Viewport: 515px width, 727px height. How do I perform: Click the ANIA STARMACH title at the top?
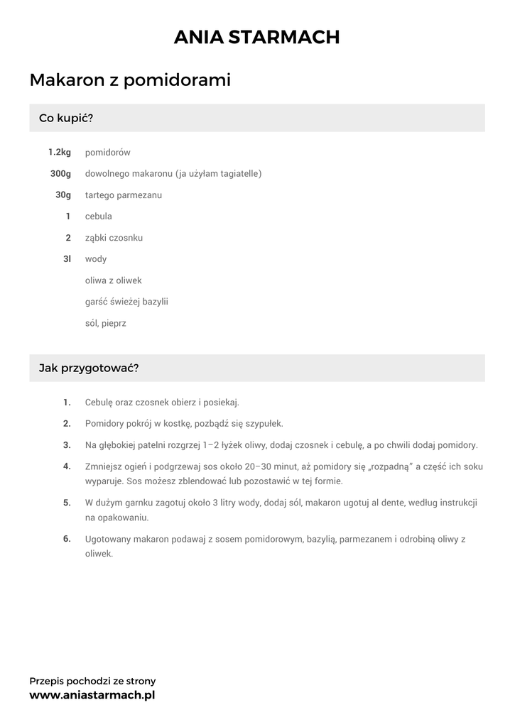pos(257,37)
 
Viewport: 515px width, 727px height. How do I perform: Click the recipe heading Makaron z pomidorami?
pos(130,80)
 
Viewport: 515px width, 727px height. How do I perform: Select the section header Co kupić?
pos(66,118)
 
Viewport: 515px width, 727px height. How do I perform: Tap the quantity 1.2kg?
pos(60,153)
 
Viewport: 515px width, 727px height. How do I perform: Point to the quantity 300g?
pos(60,174)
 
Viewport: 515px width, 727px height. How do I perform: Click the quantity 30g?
pos(63,195)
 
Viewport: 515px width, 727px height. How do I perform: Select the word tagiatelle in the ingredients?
pos(237,174)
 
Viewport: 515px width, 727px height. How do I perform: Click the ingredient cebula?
pos(98,217)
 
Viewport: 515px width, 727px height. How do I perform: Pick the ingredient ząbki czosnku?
pos(114,238)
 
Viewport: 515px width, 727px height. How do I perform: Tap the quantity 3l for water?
pos(67,259)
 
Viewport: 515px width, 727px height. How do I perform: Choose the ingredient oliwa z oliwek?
pos(113,280)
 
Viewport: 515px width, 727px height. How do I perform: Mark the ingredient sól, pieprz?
pos(105,323)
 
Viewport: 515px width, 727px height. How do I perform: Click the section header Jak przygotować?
pos(88,368)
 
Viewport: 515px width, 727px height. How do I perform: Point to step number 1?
pos(67,403)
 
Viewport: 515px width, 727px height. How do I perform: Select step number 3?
pos(67,445)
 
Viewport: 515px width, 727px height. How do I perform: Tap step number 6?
pos(67,539)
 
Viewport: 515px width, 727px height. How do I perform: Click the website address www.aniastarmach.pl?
pos(92,695)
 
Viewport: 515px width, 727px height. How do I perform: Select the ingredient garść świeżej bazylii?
pos(126,302)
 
